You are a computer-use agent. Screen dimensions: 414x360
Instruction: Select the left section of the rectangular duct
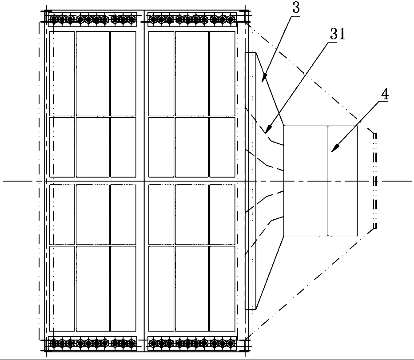click(x=306, y=181)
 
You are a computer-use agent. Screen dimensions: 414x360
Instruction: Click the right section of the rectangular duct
click(x=342, y=181)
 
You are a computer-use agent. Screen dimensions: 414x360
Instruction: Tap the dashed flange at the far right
click(x=375, y=181)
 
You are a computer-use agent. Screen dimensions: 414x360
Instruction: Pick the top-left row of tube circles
click(x=93, y=20)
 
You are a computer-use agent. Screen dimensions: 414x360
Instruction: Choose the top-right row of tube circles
click(x=192, y=20)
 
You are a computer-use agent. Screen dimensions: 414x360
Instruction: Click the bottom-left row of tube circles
click(x=93, y=343)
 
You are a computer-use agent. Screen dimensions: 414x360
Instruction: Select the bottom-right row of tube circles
click(x=192, y=343)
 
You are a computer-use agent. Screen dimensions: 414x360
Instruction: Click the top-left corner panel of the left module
click(x=62, y=73)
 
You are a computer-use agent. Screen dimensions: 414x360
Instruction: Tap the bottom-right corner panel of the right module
click(x=222, y=289)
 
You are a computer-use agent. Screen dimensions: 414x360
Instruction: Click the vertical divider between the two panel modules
click(x=144, y=181)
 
